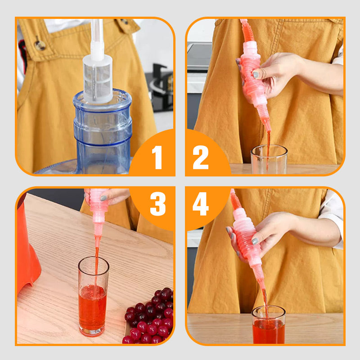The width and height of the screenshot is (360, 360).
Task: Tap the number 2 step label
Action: pyautogui.click(x=201, y=157)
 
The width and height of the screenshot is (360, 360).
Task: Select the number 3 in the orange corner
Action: pyautogui.click(x=157, y=204)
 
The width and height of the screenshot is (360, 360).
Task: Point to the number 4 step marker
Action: pyautogui.click(x=201, y=204)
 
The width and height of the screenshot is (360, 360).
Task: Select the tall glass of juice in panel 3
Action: pyautogui.click(x=93, y=297)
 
